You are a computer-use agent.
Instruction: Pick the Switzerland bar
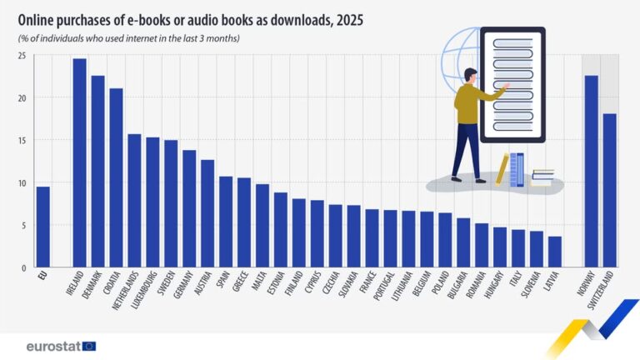[609, 191]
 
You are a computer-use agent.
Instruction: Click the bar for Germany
[189, 208]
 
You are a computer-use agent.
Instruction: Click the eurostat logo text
[52, 346]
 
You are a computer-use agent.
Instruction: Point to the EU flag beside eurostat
[88, 346]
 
